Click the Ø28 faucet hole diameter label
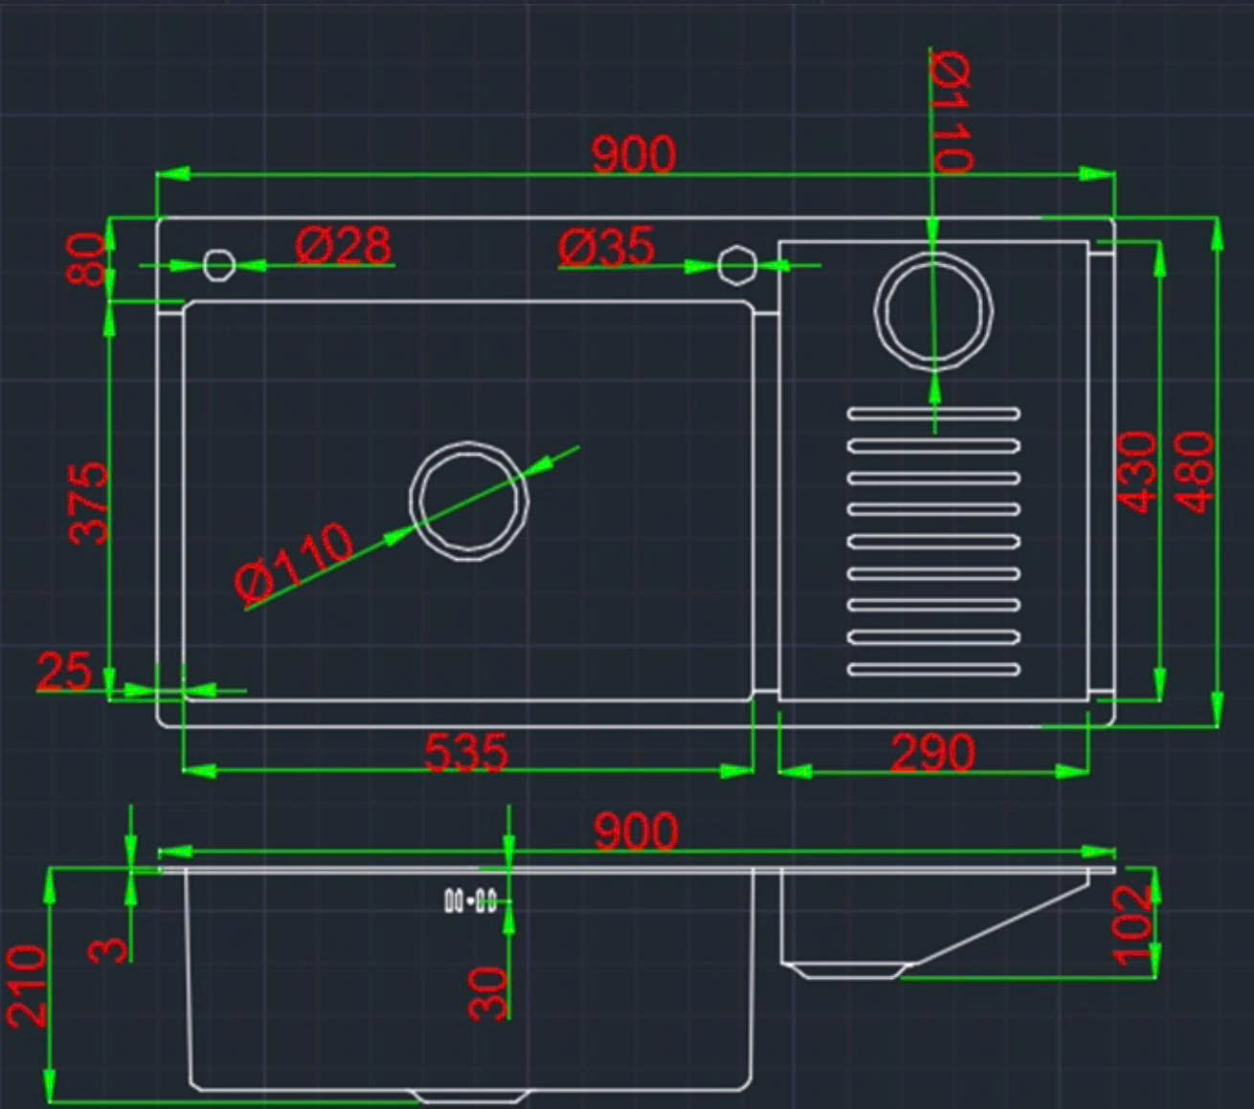click(343, 246)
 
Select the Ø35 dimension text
click(607, 248)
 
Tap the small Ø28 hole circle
click(219, 264)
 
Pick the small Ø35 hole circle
click(737, 265)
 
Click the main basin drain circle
click(469, 501)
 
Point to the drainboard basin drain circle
click(933, 309)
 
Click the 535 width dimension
click(466, 752)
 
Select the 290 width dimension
click(932, 753)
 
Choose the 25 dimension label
click(64, 671)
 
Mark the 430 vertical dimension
click(1138, 472)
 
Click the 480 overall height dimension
click(1195, 472)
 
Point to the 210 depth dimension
click(27, 986)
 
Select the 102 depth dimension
click(1133, 923)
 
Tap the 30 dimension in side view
click(487, 992)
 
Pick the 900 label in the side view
click(636, 832)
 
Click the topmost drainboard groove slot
click(933, 414)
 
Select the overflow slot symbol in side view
click(470, 900)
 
